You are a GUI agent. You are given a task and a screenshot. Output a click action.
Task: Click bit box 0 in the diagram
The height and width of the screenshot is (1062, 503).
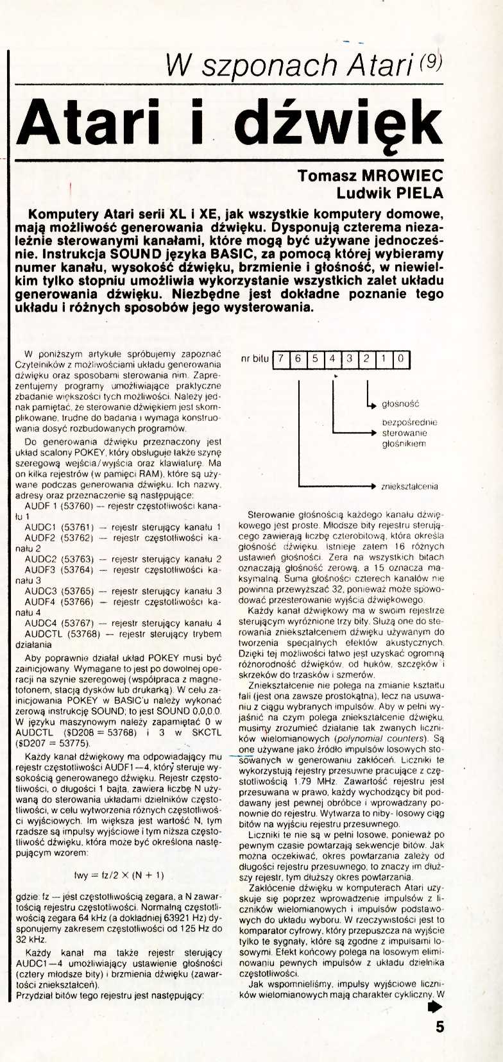(x=400, y=359)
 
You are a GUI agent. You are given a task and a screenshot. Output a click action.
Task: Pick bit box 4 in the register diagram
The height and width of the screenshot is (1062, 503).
(x=332, y=359)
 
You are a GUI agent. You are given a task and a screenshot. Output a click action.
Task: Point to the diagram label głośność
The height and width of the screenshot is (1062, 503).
(x=400, y=404)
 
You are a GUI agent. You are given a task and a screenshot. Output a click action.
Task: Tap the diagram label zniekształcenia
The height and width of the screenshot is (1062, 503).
(x=409, y=486)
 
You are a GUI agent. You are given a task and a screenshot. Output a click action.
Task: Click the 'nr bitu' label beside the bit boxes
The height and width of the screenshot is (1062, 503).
(x=254, y=359)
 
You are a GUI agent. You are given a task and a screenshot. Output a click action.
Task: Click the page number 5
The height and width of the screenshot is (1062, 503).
(x=439, y=1026)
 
